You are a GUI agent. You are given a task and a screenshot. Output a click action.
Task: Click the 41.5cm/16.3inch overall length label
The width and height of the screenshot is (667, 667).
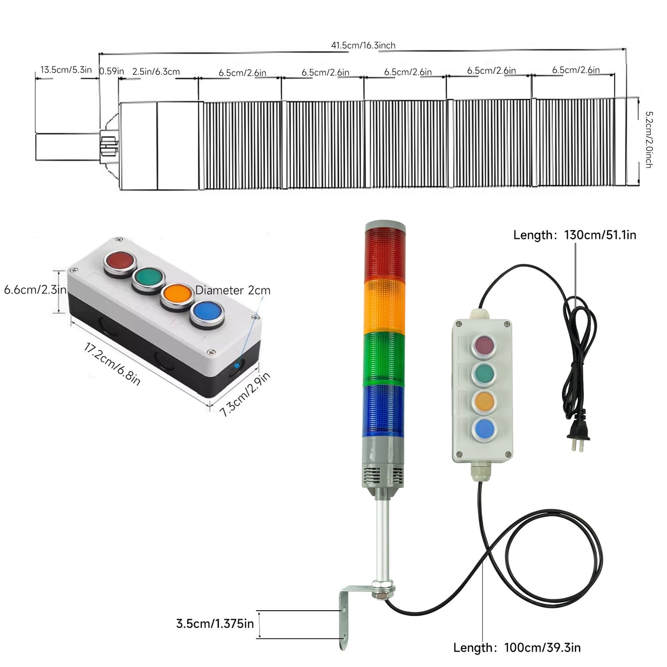point(363,45)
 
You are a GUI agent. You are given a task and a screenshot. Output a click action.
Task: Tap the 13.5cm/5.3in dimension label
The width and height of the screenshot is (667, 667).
point(66,70)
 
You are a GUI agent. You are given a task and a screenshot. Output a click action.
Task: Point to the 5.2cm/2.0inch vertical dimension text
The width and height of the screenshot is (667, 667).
point(648,139)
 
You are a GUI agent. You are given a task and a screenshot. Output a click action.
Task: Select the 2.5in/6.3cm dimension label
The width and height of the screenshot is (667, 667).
point(156,72)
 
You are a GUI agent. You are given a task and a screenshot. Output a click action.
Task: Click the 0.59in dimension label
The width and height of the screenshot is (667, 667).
point(112,71)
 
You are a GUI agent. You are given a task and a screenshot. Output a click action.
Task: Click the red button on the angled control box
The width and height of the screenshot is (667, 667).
point(120,262)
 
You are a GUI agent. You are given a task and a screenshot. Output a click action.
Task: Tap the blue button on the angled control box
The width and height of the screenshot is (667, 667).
point(206,312)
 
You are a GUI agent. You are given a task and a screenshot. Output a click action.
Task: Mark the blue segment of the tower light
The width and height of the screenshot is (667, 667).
point(385,410)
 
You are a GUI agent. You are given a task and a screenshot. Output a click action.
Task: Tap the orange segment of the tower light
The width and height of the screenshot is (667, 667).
point(385,306)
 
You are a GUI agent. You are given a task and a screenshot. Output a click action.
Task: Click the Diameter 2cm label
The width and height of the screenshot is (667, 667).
point(233,290)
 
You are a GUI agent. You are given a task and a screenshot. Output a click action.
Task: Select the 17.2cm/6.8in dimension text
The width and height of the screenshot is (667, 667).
point(112,364)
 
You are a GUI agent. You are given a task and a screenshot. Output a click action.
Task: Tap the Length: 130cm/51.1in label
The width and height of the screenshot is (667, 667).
point(575,235)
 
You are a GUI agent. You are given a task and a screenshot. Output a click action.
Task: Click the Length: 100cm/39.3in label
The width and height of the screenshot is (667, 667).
point(517,647)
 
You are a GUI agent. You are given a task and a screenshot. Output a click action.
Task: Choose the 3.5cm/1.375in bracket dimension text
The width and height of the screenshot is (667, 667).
point(215,624)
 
